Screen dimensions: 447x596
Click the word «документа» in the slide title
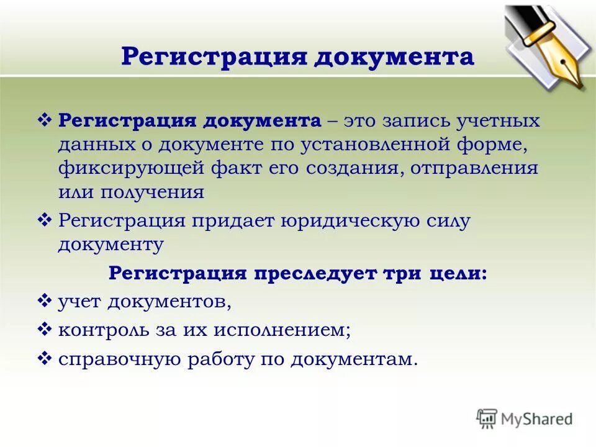[x=395, y=57]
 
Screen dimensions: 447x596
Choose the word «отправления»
[x=476, y=168]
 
